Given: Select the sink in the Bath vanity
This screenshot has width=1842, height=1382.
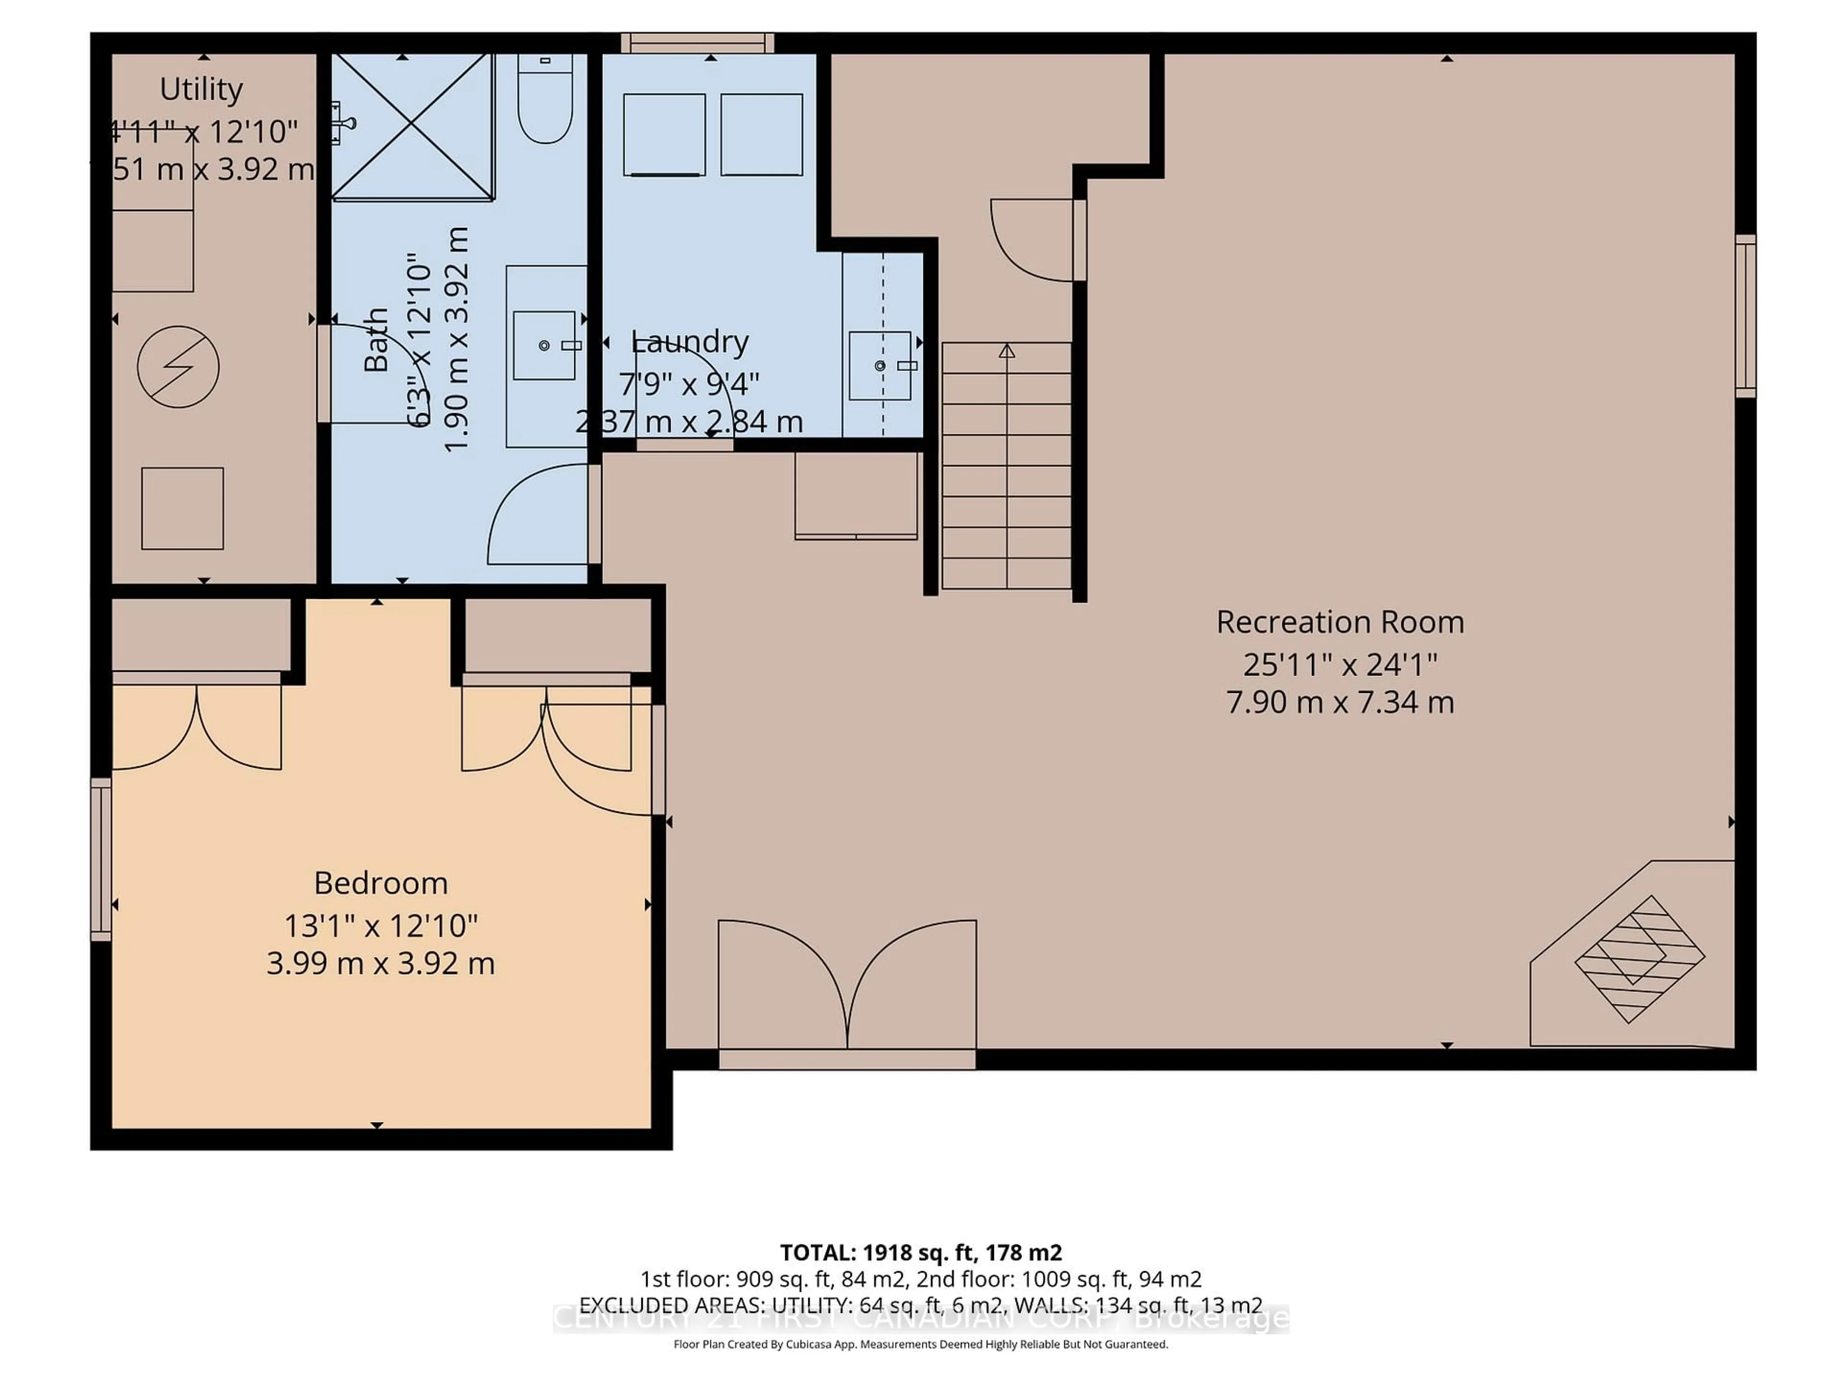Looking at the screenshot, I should (544, 345).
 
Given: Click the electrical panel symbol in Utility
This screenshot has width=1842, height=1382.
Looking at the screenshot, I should (178, 367).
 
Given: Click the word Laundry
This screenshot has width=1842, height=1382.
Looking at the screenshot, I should (689, 342).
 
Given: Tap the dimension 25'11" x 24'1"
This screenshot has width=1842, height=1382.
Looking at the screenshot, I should (1339, 665).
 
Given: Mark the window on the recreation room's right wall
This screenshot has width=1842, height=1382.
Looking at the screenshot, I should (1746, 317).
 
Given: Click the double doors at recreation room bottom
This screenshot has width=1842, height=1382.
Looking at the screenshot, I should (847, 991).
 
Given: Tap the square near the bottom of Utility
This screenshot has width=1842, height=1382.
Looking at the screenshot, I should (182, 508).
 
